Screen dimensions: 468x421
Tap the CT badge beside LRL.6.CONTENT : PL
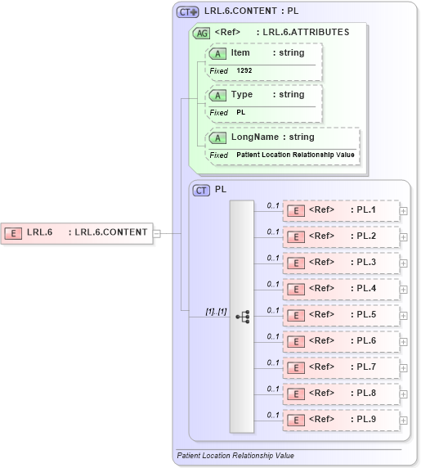click(188, 11)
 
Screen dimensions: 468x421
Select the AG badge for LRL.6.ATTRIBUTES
click(201, 33)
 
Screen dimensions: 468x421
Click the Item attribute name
click(240, 53)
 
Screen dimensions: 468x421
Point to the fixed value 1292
click(244, 71)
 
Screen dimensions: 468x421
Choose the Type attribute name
click(241, 95)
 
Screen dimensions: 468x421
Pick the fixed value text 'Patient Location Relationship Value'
click(295, 155)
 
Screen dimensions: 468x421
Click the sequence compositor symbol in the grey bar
click(242, 315)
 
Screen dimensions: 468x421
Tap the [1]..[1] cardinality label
click(216, 312)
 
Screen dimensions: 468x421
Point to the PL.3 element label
click(366, 263)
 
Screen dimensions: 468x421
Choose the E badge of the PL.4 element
click(298, 289)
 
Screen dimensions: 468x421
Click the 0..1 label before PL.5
click(273, 310)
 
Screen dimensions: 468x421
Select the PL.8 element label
click(366, 394)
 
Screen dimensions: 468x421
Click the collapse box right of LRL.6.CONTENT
click(156, 232)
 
